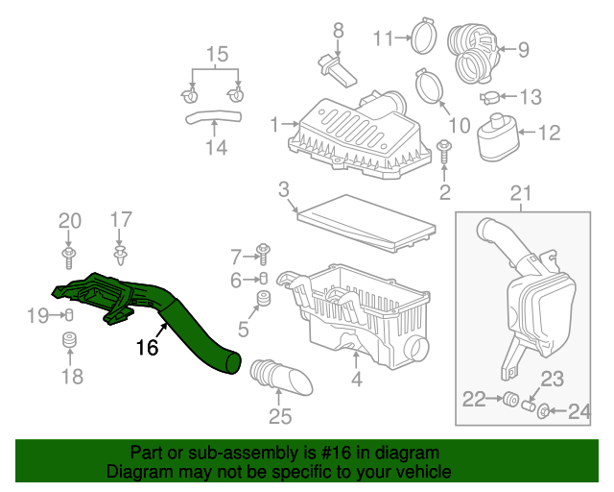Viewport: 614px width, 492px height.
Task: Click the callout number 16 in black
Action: coord(147,348)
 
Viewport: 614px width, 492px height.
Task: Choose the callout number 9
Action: coord(525,47)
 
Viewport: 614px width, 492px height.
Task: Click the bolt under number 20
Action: coord(69,256)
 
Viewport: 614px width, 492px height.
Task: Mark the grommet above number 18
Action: coord(69,342)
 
